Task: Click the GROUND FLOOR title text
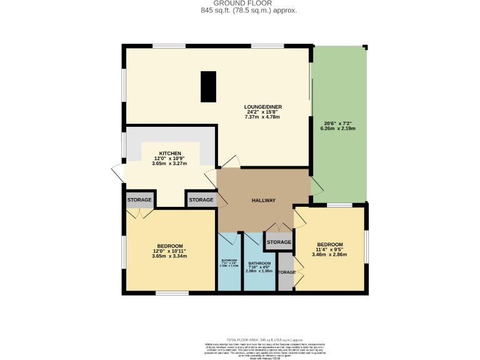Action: click(x=240, y=3)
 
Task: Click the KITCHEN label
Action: click(x=170, y=153)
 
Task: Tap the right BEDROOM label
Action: click(x=329, y=244)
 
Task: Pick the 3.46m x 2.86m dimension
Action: click(x=329, y=256)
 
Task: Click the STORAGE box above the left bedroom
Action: click(x=139, y=200)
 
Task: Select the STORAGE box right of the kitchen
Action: click(x=201, y=200)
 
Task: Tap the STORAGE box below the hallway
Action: click(x=279, y=242)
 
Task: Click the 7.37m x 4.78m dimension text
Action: click(x=261, y=117)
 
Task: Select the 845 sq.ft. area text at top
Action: click(x=240, y=11)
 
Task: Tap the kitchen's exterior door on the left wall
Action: click(x=117, y=172)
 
